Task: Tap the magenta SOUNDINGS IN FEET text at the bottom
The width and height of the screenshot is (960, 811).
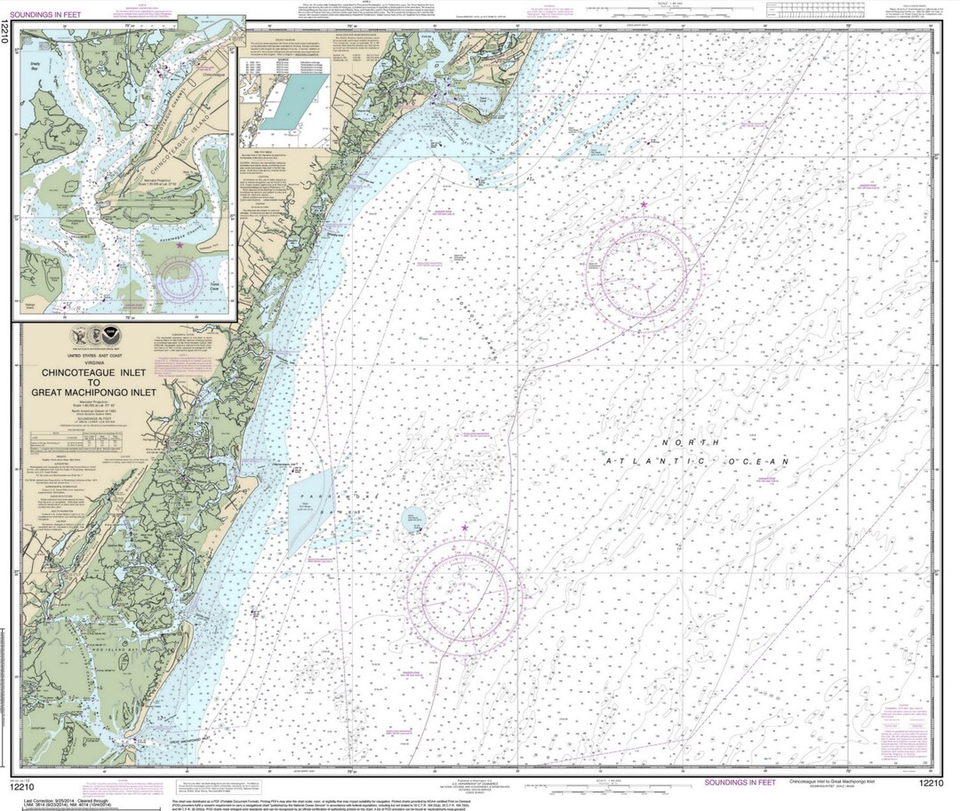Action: tap(745, 782)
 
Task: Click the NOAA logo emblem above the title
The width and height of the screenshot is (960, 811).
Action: tap(112, 338)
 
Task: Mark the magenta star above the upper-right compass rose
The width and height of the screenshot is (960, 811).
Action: tap(643, 205)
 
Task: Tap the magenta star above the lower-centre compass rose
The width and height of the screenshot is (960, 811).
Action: tap(464, 529)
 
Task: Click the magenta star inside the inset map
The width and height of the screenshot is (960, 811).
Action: tap(180, 246)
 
